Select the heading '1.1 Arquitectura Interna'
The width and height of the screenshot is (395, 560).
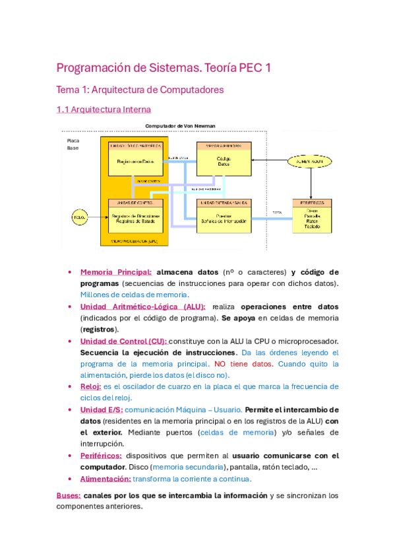[104, 109]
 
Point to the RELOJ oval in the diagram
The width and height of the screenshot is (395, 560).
[80, 216]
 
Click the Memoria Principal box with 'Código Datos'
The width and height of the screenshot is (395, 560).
[224, 159]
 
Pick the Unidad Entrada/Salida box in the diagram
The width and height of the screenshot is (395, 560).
[224, 215]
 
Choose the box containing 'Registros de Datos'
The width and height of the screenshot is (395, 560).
[135, 158]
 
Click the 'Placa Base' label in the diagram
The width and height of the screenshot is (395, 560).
[73, 145]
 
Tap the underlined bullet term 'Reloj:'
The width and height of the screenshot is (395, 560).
[90, 386]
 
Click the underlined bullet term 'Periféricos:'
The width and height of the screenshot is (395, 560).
[100, 456]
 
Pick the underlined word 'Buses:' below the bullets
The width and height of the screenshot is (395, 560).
[69, 495]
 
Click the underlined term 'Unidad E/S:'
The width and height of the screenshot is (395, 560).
[100, 409]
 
